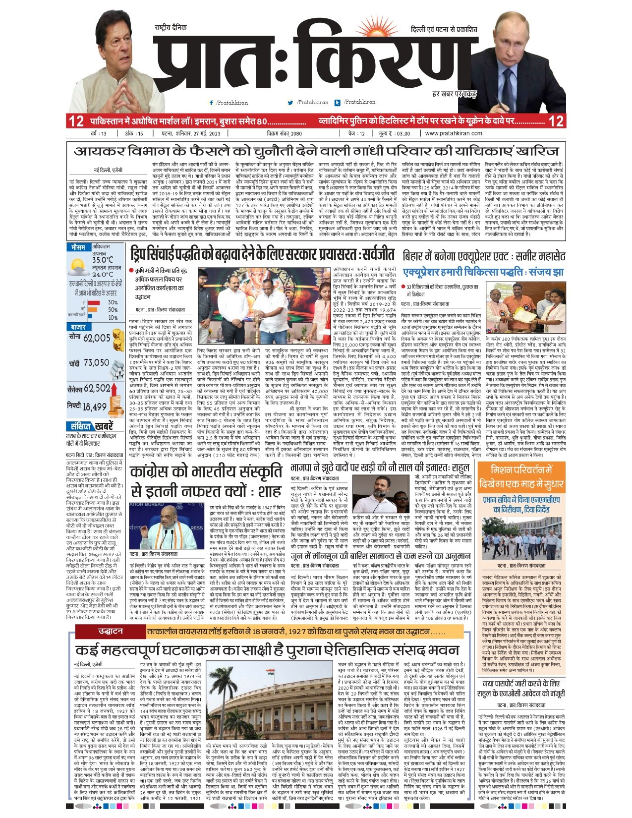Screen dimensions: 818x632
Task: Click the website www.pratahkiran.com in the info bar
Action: tap(453, 133)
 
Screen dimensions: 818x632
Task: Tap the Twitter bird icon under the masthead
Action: tap(290, 103)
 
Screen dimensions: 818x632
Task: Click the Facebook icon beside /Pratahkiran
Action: tap(212, 103)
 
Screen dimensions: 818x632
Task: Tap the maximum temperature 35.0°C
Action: tap(102, 260)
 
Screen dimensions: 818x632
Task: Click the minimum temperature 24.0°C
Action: tap(102, 274)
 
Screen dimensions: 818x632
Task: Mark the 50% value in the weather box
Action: tap(113, 310)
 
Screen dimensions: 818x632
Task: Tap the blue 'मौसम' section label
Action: tap(78, 247)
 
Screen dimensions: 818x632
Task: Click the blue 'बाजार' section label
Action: tap(78, 328)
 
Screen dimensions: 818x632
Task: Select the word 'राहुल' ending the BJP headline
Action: tap(460, 467)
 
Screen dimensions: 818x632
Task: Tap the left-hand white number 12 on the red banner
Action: tap(76, 121)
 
